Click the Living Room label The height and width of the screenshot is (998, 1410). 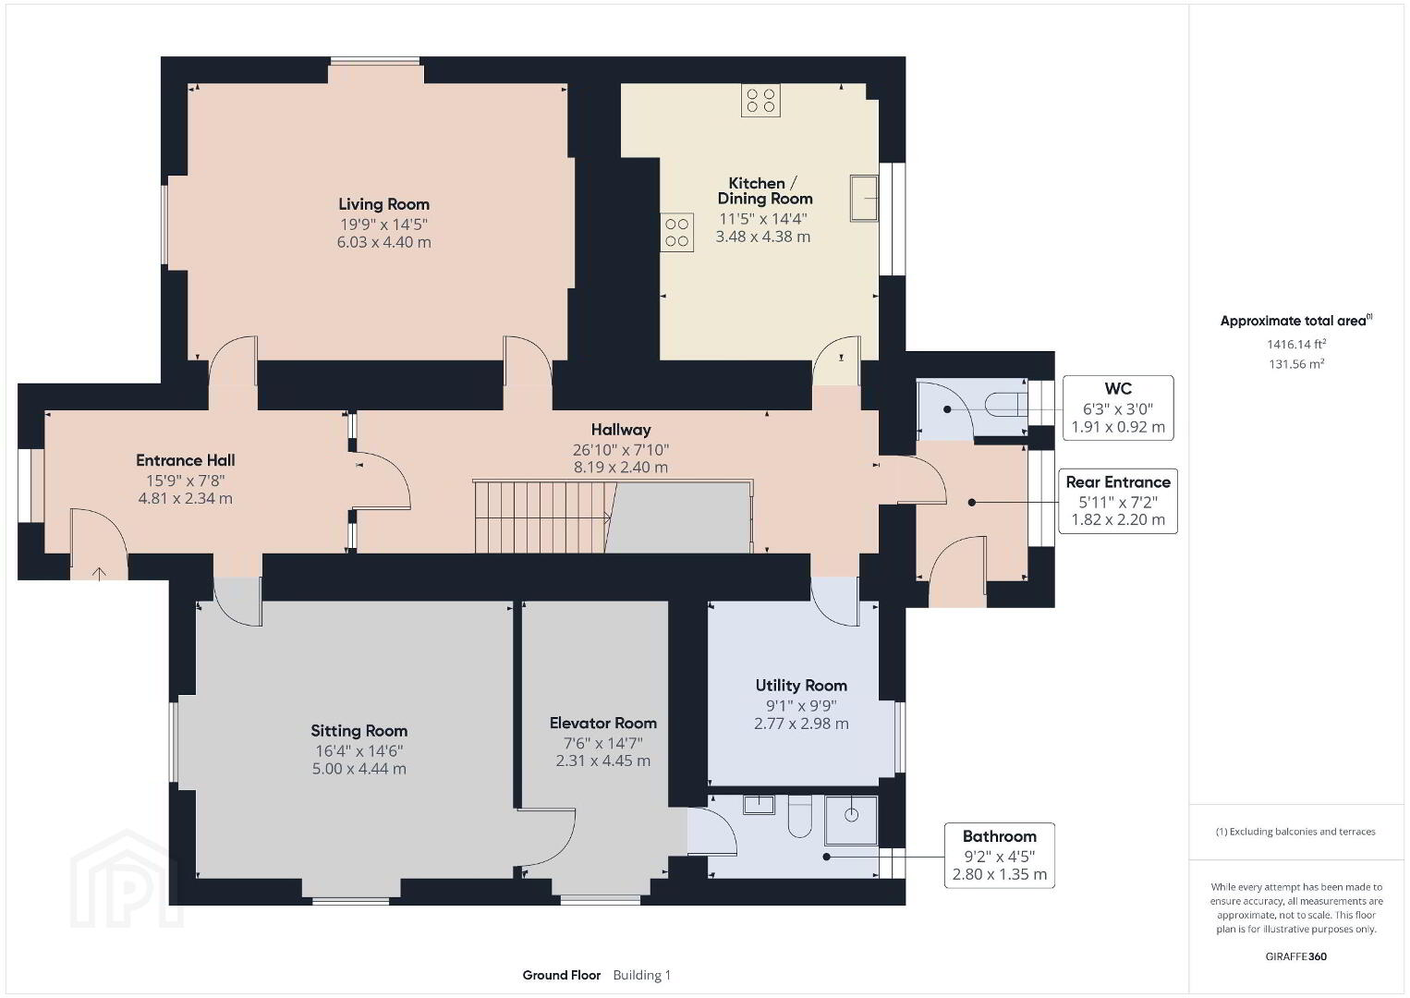point(384,204)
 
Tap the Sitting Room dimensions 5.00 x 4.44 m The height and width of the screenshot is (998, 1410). point(359,769)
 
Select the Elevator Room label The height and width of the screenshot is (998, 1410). point(603,723)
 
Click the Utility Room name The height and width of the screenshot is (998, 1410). point(801,685)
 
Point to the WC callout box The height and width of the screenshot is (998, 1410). point(1118,408)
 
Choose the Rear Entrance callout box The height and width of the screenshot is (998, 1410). point(1118,501)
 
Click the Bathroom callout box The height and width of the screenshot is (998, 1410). point(1000,856)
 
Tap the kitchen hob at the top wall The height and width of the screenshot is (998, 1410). point(760,101)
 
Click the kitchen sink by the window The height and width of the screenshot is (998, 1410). point(864,198)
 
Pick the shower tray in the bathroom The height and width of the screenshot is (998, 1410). point(851,821)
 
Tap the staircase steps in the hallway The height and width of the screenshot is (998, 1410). point(541,517)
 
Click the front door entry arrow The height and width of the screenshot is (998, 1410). point(100,573)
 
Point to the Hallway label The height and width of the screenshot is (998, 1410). point(621,430)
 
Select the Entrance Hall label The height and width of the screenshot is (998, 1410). point(186,460)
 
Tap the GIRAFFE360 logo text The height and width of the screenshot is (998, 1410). point(1296,956)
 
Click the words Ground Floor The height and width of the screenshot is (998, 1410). point(562,975)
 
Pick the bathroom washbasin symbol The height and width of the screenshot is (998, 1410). point(760,805)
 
